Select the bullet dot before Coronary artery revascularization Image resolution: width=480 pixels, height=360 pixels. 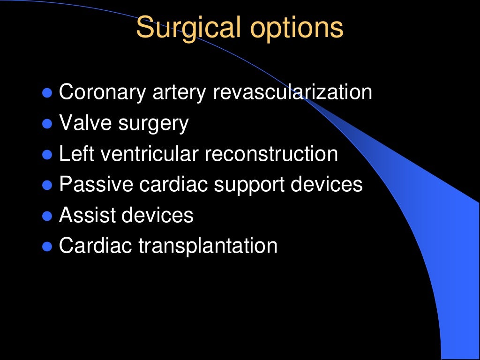coord(47,93)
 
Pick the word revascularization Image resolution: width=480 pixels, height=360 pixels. coord(292,92)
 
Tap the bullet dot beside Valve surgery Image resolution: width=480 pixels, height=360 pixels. coord(47,124)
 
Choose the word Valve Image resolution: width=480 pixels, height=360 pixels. coord(85,123)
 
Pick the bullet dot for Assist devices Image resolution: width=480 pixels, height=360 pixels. coord(47,216)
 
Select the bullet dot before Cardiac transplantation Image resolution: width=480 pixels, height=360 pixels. coord(47,247)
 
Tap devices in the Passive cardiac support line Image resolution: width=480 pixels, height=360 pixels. coord(327,185)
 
